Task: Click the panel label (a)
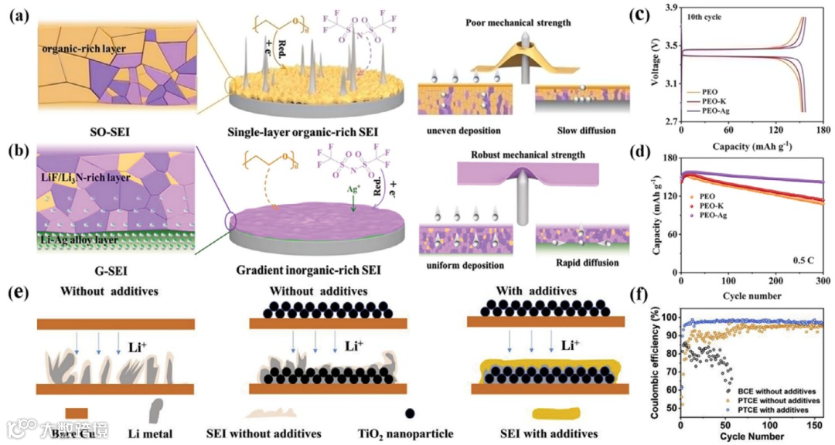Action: pos(18,15)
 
